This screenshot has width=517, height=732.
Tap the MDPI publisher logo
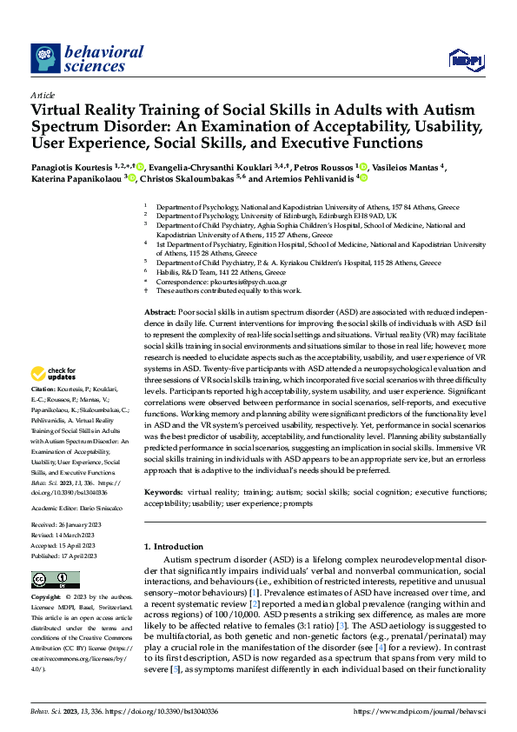(x=465, y=59)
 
